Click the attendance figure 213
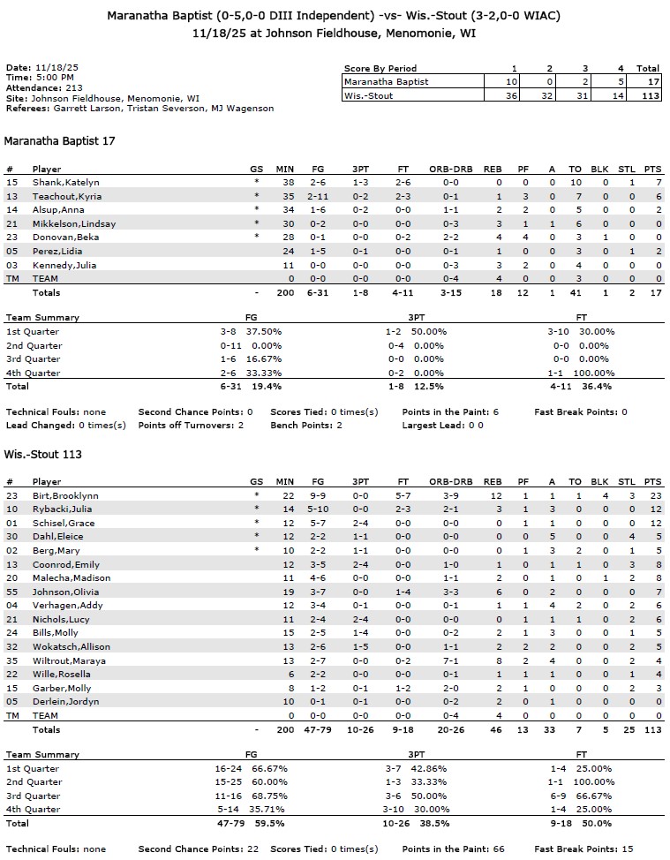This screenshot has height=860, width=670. coord(73,88)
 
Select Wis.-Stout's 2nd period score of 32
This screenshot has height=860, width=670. coord(548,96)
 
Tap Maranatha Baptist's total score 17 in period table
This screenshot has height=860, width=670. coord(651,82)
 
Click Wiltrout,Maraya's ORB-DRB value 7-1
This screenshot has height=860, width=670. coord(450,660)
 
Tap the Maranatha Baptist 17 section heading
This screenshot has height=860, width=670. coord(60,140)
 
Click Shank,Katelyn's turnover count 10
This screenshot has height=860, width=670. coord(576,182)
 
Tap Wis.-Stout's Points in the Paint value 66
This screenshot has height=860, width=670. coord(498,849)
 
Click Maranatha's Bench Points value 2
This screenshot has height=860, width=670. coord(339,426)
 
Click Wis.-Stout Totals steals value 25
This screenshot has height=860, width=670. coord(629,729)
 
